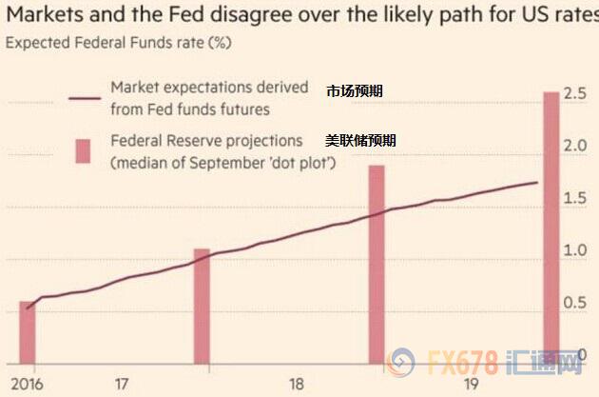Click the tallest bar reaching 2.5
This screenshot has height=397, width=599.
click(x=551, y=228)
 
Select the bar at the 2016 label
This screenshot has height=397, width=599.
click(x=27, y=333)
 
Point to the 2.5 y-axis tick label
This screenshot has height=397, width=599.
click(x=574, y=94)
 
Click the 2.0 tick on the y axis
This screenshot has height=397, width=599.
click(x=574, y=147)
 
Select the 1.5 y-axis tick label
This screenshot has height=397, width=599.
click(x=574, y=198)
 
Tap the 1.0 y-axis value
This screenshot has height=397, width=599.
click(x=574, y=250)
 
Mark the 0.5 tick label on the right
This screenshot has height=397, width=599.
click(x=574, y=303)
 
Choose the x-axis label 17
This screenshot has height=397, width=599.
click(x=121, y=384)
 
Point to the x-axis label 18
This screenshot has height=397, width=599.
click(x=296, y=384)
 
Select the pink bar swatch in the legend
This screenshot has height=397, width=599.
click(x=84, y=150)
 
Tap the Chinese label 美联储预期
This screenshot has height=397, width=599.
click(x=360, y=140)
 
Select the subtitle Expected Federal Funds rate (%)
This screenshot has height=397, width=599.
click(x=118, y=42)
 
